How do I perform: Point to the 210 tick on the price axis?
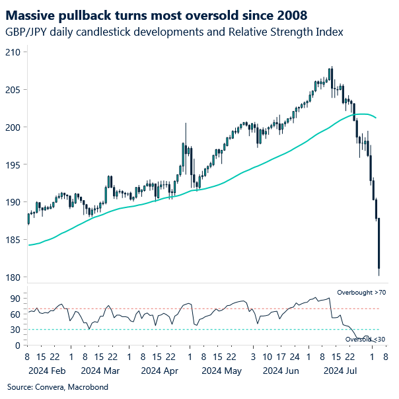click(x=13, y=52)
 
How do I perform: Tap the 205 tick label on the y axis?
click(x=13, y=89)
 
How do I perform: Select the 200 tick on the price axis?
click(x=13, y=127)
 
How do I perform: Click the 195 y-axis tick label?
click(x=13, y=164)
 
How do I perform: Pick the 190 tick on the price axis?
click(x=13, y=202)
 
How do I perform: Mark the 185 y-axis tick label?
click(x=13, y=240)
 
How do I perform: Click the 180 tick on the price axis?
click(x=13, y=277)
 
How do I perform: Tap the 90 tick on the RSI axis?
click(x=15, y=298)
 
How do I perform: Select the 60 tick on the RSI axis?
click(x=15, y=314)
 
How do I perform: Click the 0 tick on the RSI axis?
click(x=18, y=345)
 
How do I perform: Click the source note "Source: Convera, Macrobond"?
click(x=57, y=386)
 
